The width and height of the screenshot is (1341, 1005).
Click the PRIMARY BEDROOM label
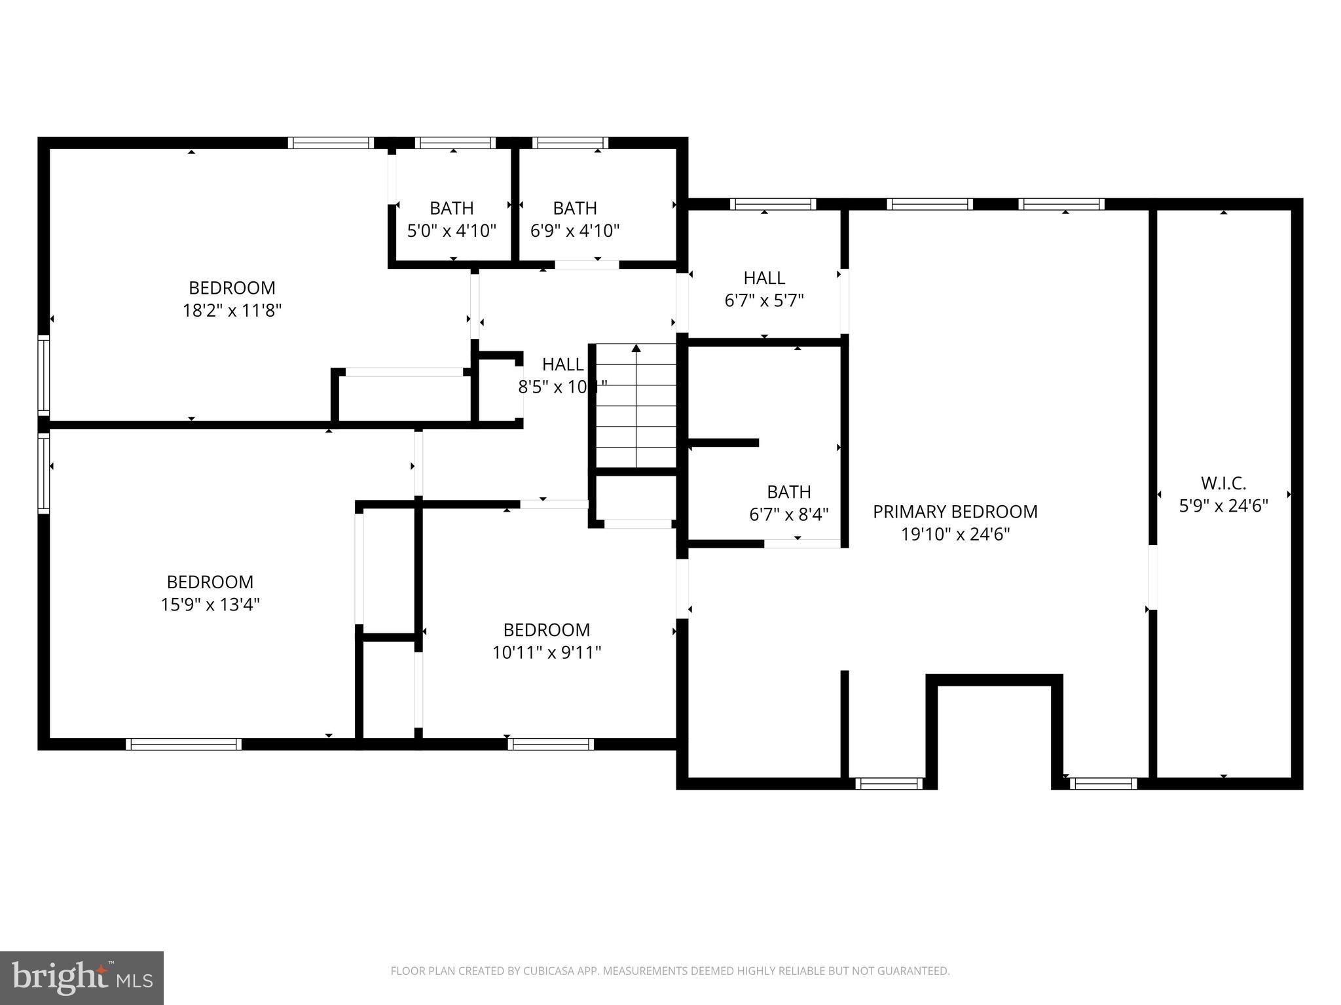(x=955, y=512)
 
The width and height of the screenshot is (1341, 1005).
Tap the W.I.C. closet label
(x=1223, y=484)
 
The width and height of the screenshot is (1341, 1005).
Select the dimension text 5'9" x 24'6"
(x=1223, y=506)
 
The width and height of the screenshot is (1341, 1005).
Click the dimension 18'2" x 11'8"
(x=232, y=310)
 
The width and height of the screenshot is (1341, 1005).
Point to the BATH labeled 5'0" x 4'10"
(x=451, y=208)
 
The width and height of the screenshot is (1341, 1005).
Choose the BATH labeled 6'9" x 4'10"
(x=574, y=208)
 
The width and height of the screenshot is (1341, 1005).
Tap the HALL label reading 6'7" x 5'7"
(x=764, y=278)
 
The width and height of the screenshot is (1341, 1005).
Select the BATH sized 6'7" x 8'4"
(x=788, y=492)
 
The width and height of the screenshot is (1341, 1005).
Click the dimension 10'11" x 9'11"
(x=547, y=652)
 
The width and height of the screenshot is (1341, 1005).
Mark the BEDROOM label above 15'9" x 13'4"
(x=210, y=582)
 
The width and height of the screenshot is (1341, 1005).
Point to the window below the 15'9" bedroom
(x=183, y=744)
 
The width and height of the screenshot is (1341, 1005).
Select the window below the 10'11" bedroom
(x=551, y=744)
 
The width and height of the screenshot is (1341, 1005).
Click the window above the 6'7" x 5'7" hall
(x=773, y=204)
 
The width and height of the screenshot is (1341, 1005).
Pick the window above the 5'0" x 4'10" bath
(x=454, y=143)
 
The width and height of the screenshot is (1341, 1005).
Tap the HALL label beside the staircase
(x=562, y=364)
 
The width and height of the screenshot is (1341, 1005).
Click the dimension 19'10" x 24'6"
(x=955, y=535)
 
